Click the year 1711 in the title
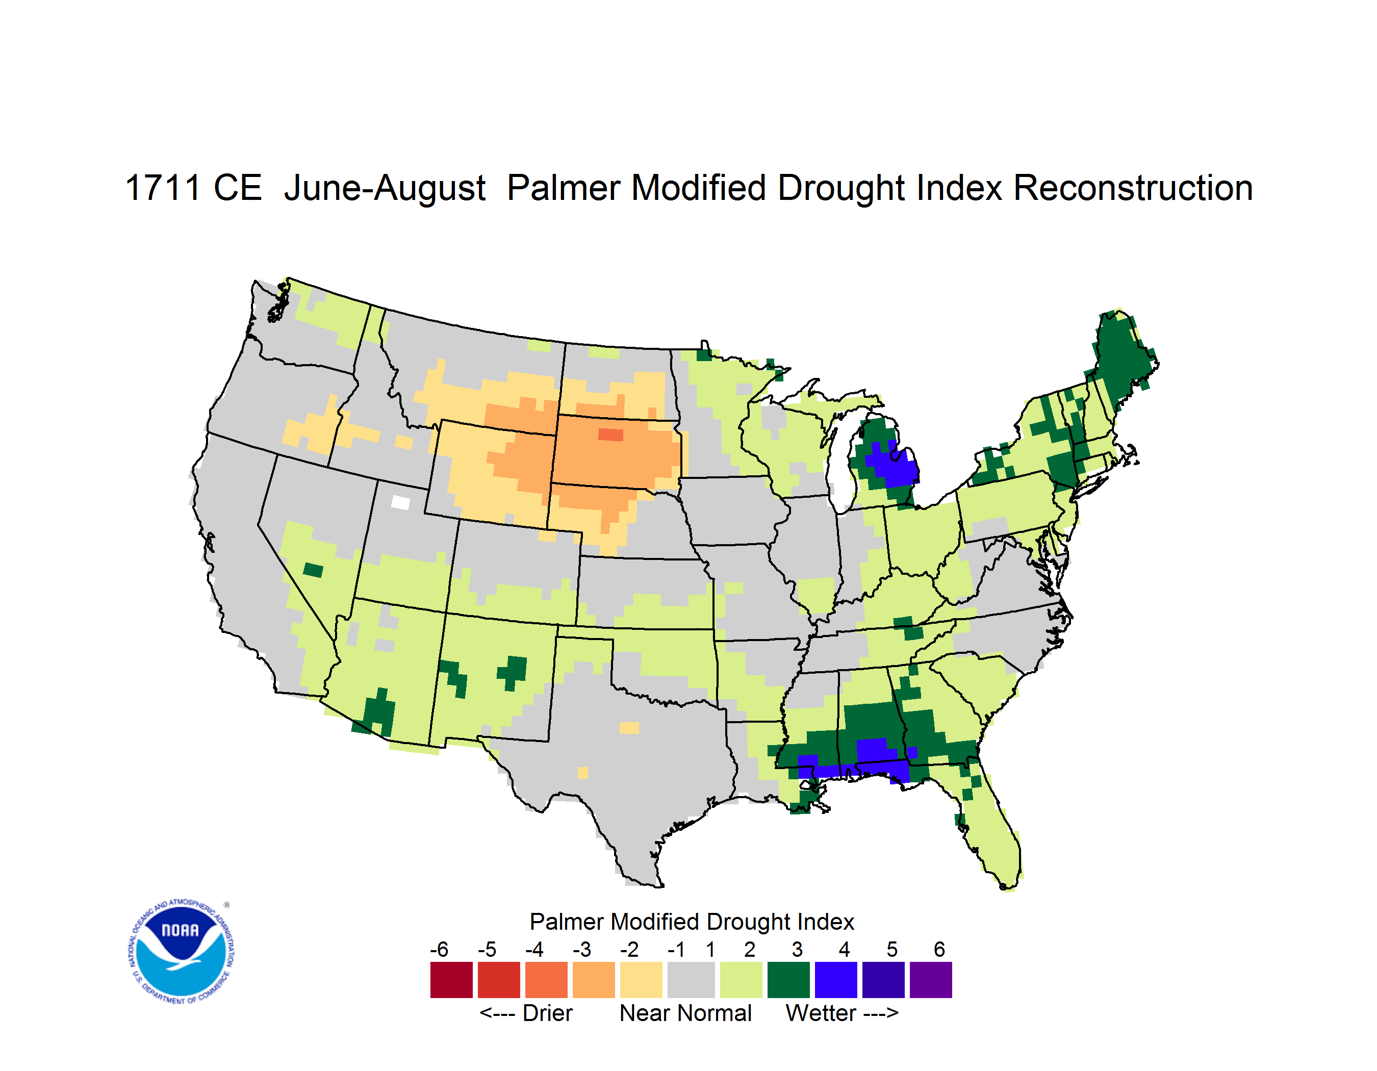pos(163,188)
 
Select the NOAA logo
pos(181,952)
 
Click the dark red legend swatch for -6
pos(451,980)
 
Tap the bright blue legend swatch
pos(836,980)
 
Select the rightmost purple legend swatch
pos(931,980)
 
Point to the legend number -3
pos(582,949)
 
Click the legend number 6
pos(939,949)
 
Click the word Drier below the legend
pos(547,1013)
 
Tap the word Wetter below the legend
pos(821,1013)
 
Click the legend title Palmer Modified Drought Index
pos(692,922)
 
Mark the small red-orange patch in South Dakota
pos(610,435)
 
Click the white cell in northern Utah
pos(400,502)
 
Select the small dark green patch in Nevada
pos(313,570)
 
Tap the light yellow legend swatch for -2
pos(641,980)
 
